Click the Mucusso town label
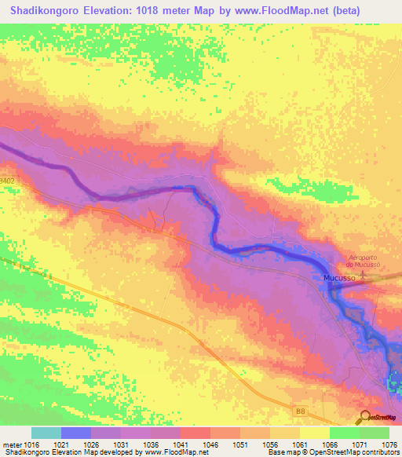pos(338,279)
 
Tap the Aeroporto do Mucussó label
pos(369,261)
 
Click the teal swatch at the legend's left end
pos(46,433)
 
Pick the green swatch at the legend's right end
pos(374,433)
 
